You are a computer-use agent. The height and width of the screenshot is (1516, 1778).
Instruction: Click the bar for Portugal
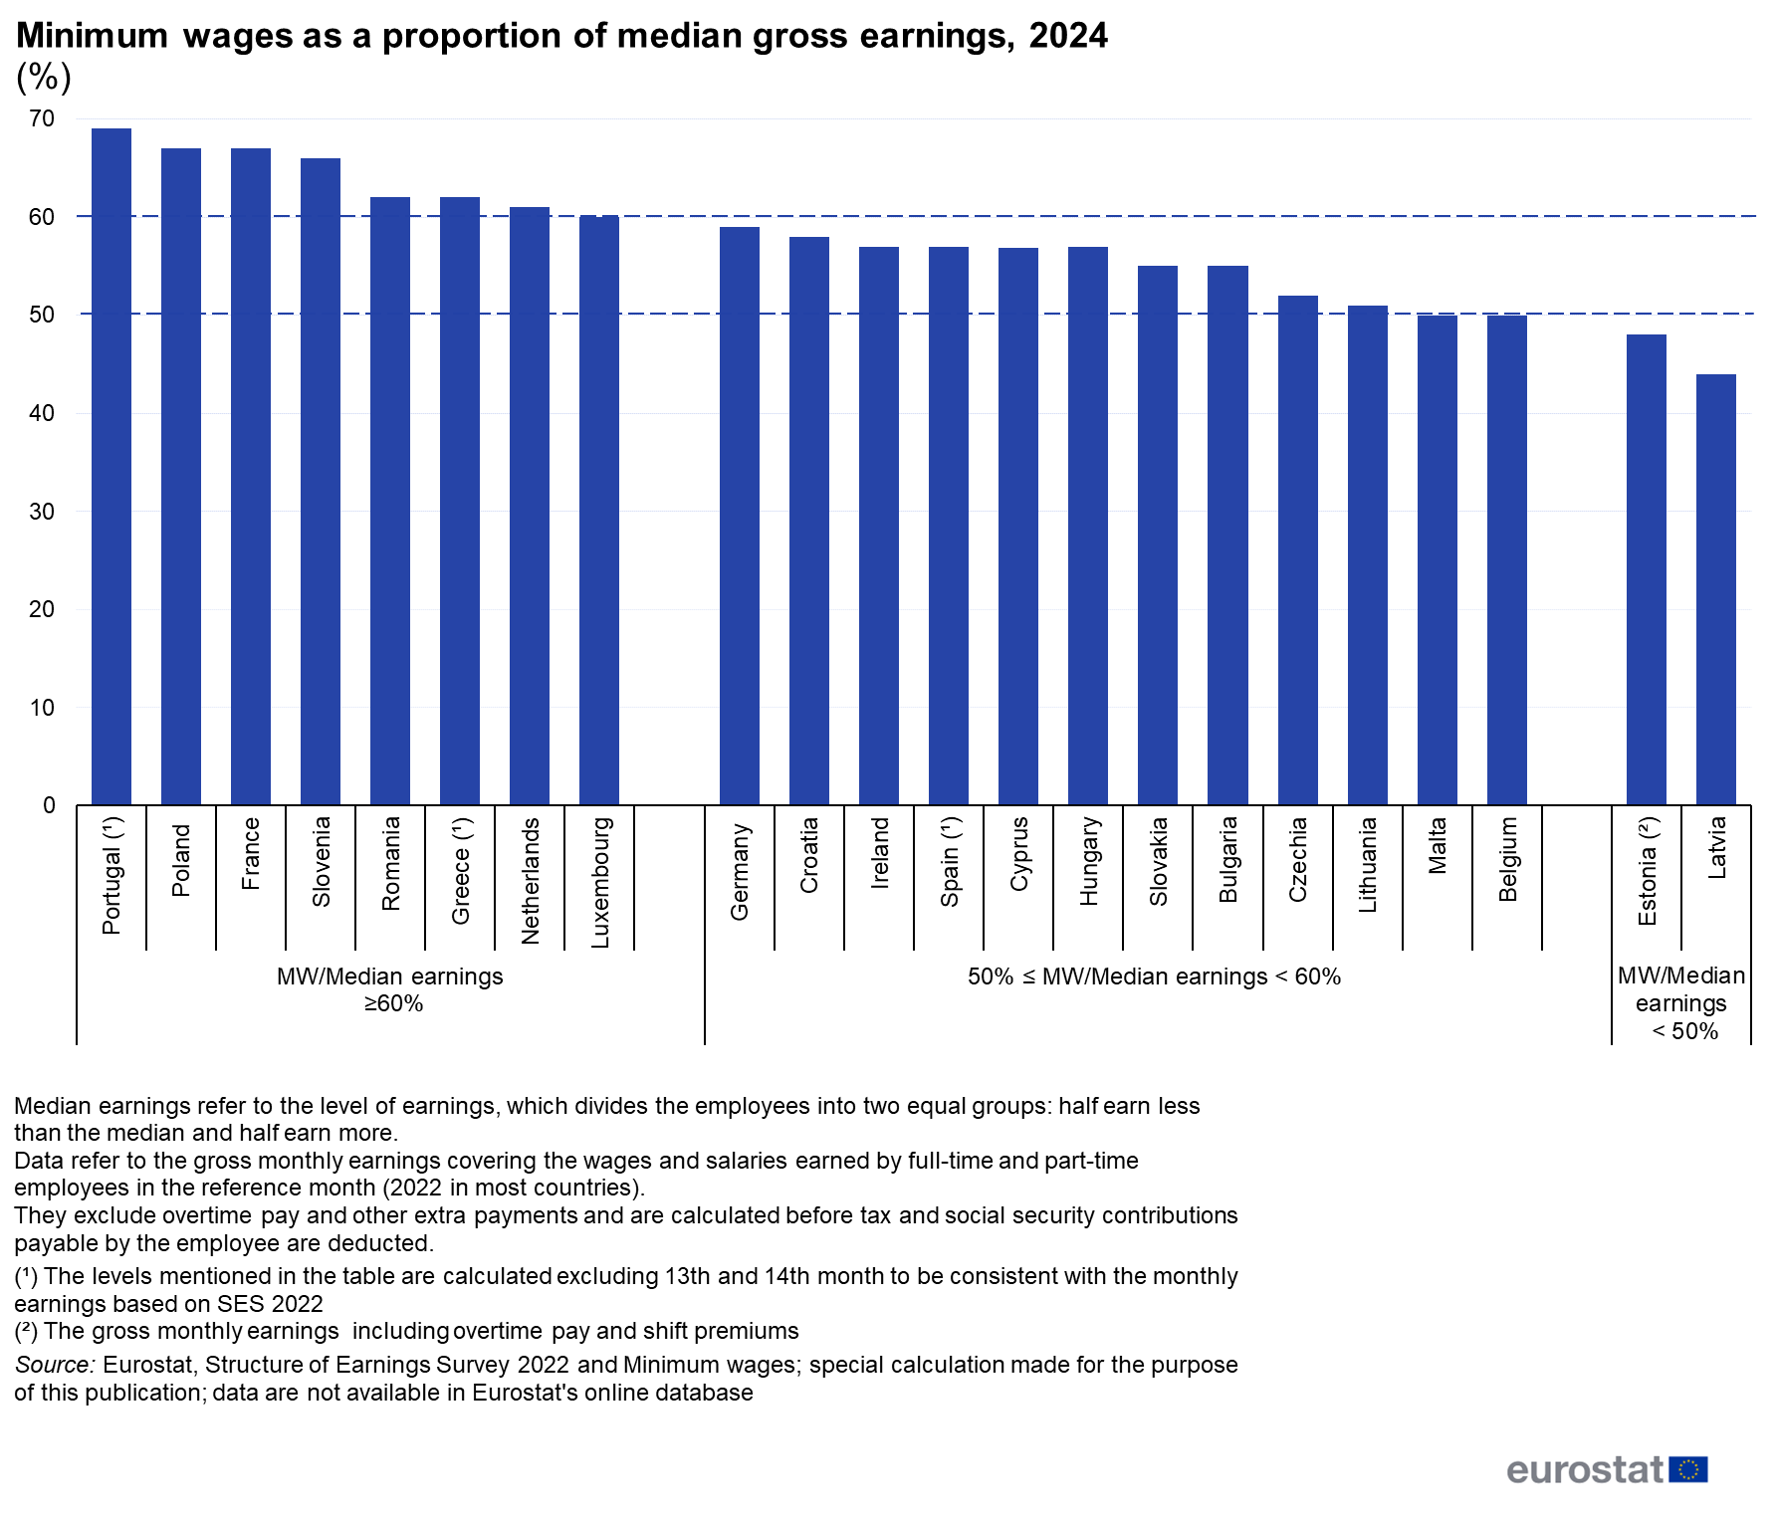pos(111,467)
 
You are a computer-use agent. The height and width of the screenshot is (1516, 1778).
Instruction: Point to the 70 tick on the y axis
pos(42,119)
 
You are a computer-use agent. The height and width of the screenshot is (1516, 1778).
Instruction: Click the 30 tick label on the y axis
pos(42,512)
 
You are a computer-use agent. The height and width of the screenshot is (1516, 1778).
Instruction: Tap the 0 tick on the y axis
pos(49,805)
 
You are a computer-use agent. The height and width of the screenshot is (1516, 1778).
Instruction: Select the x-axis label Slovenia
pos(321,862)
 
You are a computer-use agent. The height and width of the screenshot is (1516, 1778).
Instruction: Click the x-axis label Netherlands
pos(530,880)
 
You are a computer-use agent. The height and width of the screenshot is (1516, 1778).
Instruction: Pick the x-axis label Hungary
pos(1088,861)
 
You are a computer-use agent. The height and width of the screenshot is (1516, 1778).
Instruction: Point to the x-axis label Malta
pos(1437,846)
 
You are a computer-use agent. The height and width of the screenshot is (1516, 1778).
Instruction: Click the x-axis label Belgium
pos(1507,859)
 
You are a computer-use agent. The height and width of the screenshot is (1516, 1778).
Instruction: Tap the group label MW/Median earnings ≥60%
pos(390,989)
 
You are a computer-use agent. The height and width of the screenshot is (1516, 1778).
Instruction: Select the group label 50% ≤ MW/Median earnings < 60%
pos(1154,976)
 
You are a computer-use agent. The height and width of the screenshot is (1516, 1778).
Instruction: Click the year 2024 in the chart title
pos(1068,36)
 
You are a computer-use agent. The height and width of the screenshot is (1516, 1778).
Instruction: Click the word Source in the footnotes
pos(54,1365)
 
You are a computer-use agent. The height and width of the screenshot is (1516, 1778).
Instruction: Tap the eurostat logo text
pos(1585,1469)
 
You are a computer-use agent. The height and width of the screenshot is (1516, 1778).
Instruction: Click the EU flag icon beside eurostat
pos(1688,1469)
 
